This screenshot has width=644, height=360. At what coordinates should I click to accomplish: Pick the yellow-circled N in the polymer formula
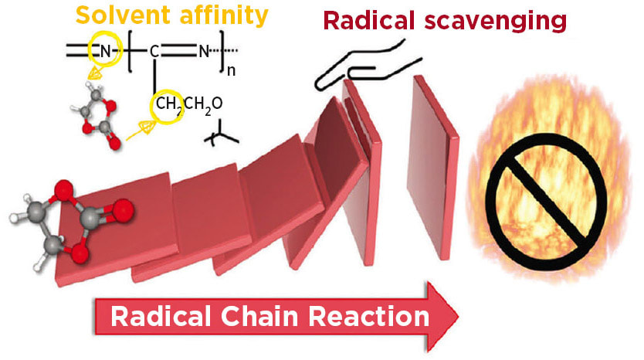pyautogui.click(x=100, y=53)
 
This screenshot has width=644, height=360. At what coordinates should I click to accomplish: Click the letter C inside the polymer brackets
pyautogui.click(x=154, y=53)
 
